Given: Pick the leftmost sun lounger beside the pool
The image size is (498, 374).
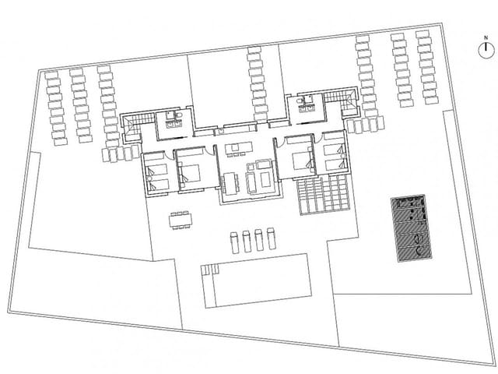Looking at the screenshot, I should tap(234, 240).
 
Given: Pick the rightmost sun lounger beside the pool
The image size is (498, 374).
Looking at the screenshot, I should tap(271, 238).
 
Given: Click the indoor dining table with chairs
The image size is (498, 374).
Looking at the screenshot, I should tap(230, 184).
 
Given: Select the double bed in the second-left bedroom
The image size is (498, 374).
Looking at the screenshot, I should tap(192, 169).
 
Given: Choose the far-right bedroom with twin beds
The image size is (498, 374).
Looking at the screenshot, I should tap(334, 158).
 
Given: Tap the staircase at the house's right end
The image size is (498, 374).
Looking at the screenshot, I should tap(340, 99).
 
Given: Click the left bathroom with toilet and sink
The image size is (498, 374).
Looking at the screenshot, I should tap(170, 121).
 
